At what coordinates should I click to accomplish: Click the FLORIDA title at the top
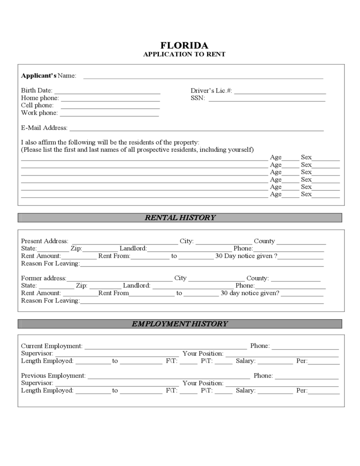[184, 45]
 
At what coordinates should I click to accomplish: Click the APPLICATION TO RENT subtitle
[184, 54]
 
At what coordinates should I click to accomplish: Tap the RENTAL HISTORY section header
[180, 217]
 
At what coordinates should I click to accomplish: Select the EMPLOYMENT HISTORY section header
[180, 324]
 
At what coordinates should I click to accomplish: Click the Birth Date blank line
[107, 92]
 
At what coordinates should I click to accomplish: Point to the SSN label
[197, 98]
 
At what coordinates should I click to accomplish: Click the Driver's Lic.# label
[211, 90]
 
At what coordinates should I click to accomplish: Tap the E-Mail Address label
[44, 127]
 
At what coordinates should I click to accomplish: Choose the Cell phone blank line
[110, 107]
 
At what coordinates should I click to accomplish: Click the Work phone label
[39, 113]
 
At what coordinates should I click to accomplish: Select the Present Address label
[45, 241]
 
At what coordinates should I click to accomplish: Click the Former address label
[44, 278]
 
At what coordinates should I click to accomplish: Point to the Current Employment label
[51, 346]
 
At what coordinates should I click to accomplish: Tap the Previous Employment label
[53, 376]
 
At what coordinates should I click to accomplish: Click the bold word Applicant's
[39, 76]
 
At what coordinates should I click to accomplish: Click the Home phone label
[40, 98]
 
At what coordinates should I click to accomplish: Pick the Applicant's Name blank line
[203, 78]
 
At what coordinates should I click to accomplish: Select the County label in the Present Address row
[264, 241]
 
